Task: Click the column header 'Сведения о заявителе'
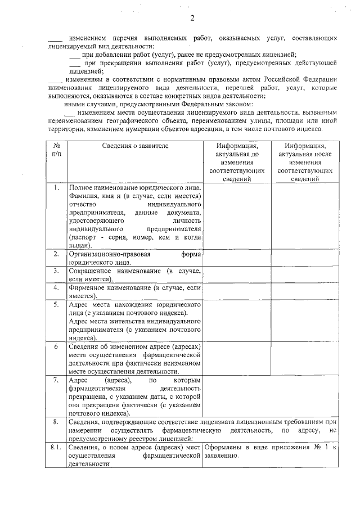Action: point(135,146)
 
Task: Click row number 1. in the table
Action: point(56,187)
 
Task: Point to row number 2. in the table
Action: point(56,254)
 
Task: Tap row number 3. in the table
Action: point(56,271)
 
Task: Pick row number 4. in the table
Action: point(56,287)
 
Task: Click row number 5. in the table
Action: point(56,304)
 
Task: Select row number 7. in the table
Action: point(56,381)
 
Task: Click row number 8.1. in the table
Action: point(56,448)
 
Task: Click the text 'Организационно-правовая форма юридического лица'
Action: point(134,258)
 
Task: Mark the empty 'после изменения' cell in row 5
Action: point(305,321)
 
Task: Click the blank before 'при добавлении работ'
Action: point(74,55)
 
